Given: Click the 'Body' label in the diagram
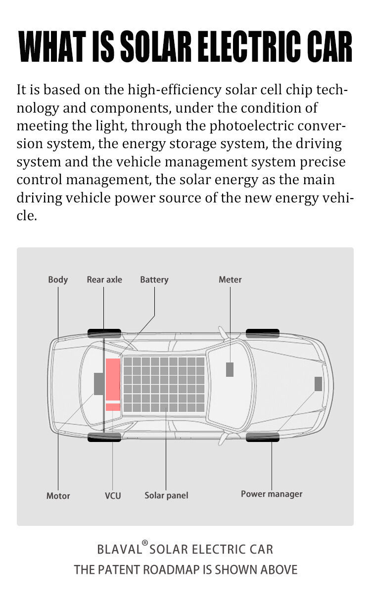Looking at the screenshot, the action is coord(58,280).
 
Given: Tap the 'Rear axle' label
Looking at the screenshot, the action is coord(104,280).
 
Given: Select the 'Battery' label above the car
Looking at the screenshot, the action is coord(154,280).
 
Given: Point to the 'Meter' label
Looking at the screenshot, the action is coord(230,280).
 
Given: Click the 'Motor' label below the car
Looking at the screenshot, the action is coord(58,496).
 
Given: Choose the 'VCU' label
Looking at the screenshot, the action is coord(113,496).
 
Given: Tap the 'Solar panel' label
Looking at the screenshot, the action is coord(166,495).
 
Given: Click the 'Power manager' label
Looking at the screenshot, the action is coord(272,494).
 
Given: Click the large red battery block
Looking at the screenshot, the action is coord(113,380).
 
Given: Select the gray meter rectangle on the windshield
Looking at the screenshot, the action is coord(230,370).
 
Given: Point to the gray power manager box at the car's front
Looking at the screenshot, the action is coord(318,384).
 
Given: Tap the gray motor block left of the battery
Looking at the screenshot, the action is coord(98,384).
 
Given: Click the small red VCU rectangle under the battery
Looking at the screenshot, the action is coord(113,407).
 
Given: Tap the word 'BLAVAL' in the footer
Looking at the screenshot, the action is coord(119,549).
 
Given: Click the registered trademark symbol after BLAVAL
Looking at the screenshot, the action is coord(145,543).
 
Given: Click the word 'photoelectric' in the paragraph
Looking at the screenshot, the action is coord(251,126).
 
